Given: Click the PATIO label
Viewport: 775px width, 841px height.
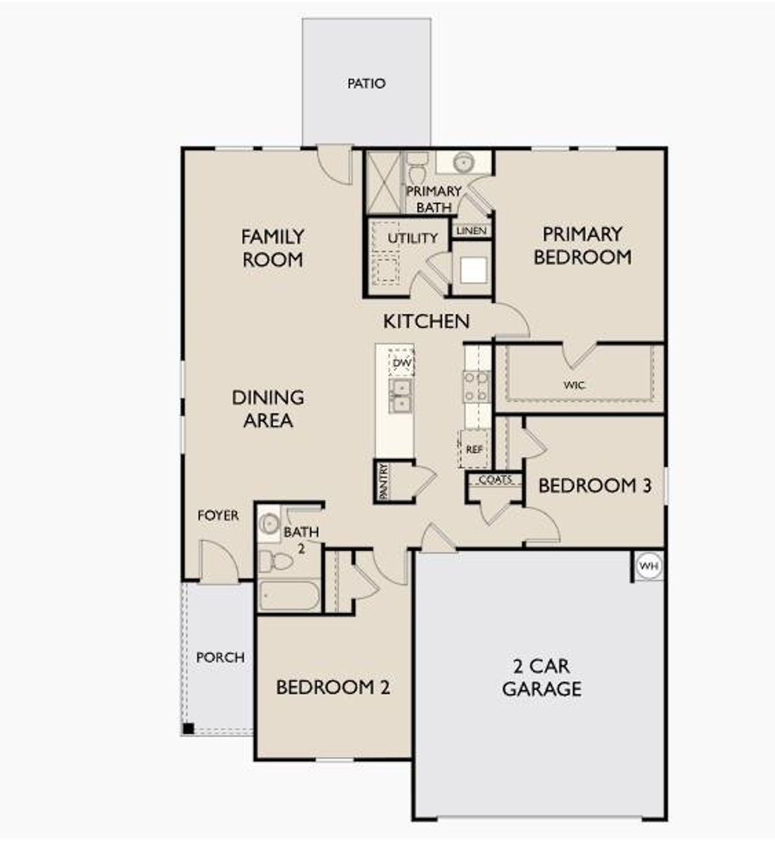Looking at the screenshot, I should [x=366, y=84].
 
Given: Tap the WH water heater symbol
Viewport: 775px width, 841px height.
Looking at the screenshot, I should [x=648, y=566].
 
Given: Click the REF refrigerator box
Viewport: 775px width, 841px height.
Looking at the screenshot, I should [x=474, y=449].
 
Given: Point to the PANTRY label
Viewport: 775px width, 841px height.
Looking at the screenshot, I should [x=383, y=482].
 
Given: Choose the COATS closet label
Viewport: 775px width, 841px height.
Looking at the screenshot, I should [x=495, y=480].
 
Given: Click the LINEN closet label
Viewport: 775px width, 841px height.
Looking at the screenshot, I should [x=471, y=231].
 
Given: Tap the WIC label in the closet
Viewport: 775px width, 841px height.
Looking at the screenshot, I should [x=573, y=385].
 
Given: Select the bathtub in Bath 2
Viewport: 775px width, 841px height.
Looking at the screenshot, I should [x=289, y=596].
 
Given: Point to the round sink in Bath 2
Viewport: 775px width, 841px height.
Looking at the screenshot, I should [x=269, y=523].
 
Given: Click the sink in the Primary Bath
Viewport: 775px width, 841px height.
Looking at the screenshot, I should [x=464, y=162].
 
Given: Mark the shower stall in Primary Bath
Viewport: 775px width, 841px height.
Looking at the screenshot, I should [x=384, y=182].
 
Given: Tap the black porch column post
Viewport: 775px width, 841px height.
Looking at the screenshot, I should [x=188, y=728].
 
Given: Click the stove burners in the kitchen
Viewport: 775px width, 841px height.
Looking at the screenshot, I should [x=476, y=387].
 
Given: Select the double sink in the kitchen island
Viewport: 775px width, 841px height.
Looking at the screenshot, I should [x=400, y=395].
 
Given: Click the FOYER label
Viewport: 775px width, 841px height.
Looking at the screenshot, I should [x=218, y=515].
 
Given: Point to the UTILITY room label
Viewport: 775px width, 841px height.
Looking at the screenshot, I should [x=412, y=238].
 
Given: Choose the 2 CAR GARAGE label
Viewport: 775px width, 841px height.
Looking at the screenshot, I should [x=541, y=678].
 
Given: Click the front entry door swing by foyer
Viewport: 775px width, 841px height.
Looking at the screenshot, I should [x=218, y=560].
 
